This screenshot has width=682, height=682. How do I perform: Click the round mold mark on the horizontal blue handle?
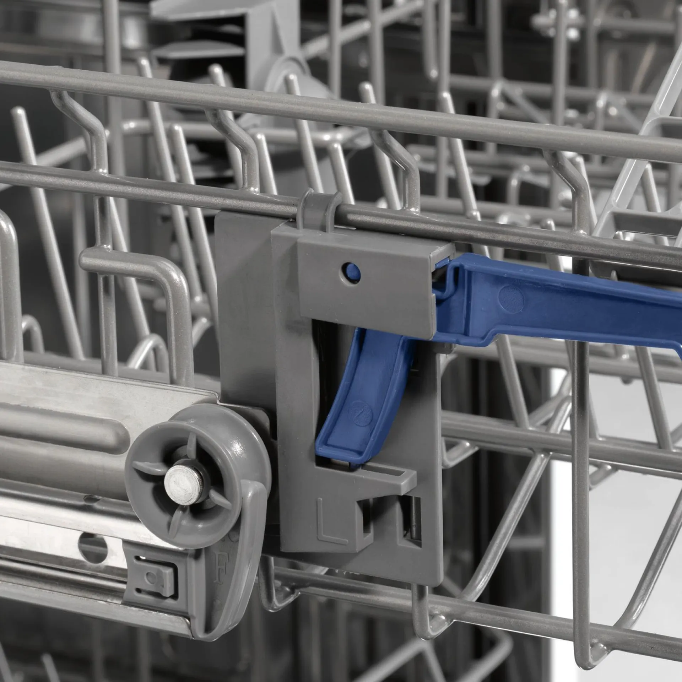[511, 298]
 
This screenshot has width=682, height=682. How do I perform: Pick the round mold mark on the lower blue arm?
[360, 413]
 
